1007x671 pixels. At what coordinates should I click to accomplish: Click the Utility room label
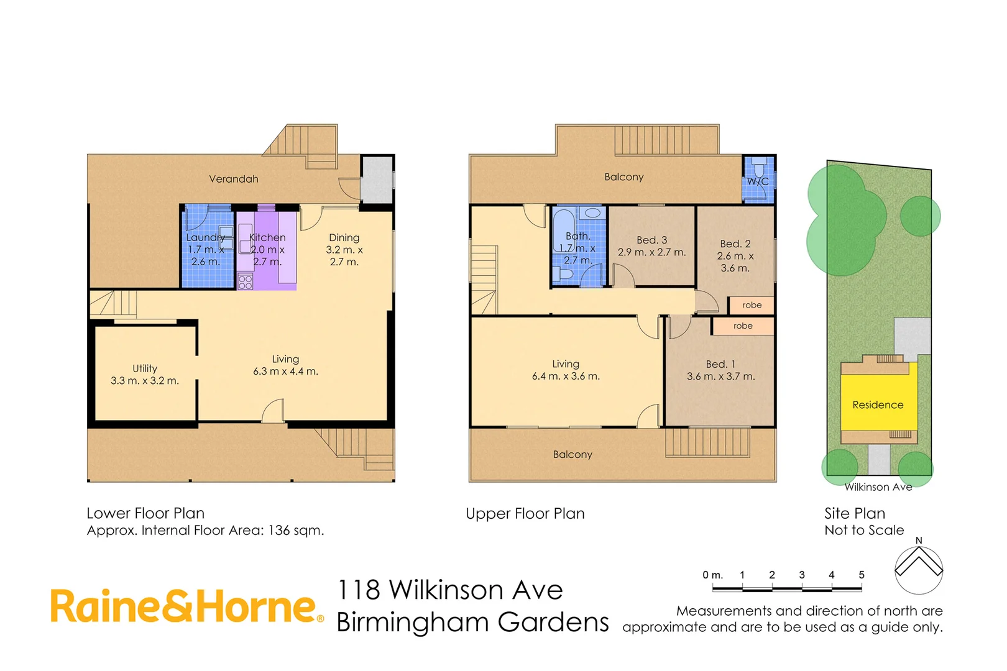click(x=145, y=368)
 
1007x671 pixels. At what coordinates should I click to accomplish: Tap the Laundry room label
click(x=205, y=237)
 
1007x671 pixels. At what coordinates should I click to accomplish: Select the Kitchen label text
click(x=267, y=237)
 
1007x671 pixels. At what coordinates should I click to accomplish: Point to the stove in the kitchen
click(x=246, y=282)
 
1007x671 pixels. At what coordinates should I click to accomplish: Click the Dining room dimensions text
click(x=344, y=255)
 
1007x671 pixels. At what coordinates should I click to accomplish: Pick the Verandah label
click(x=234, y=179)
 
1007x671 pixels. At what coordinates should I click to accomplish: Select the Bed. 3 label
click(x=651, y=240)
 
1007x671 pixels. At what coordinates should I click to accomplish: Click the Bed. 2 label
click(x=735, y=244)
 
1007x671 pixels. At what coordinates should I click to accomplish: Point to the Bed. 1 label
click(x=720, y=364)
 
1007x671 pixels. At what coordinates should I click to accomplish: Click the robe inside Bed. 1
click(x=743, y=326)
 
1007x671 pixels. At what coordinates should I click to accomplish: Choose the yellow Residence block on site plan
click(x=878, y=404)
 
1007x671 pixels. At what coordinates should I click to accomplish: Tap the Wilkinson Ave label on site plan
click(x=878, y=487)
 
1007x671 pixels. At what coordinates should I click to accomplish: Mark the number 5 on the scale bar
click(x=862, y=575)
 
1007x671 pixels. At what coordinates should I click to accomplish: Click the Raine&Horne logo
click(x=186, y=606)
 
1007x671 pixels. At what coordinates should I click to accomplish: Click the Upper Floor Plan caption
click(x=525, y=514)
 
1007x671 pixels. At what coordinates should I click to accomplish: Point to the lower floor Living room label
click(x=285, y=359)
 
